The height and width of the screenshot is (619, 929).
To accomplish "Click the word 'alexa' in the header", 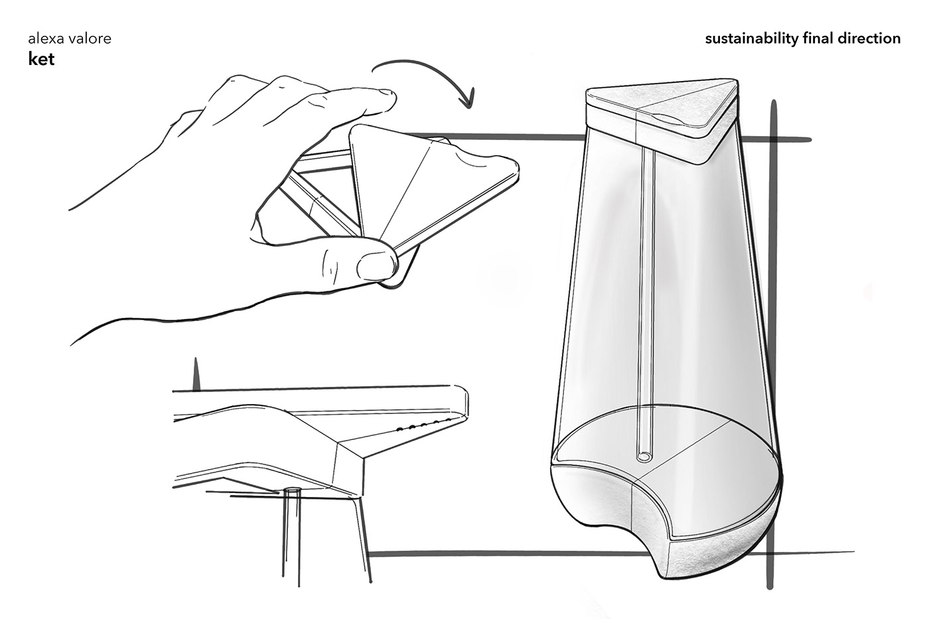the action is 44,38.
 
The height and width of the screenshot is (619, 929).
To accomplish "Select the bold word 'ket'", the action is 41,59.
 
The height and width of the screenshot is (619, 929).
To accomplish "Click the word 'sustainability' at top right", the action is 751,39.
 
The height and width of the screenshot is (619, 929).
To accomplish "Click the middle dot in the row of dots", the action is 424,425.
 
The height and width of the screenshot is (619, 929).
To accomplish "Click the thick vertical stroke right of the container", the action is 770,344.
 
